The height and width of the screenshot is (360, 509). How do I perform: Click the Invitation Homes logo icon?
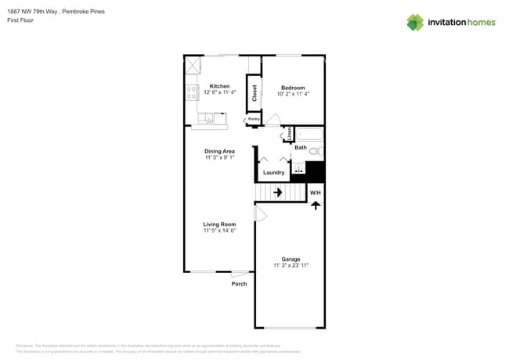(x=415, y=22)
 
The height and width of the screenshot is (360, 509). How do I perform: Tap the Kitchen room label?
(x=219, y=86)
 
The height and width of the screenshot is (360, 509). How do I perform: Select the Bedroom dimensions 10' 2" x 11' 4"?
(x=293, y=94)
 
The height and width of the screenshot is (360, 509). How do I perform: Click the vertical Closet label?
(x=254, y=93)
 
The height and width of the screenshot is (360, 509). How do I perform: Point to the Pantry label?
(x=254, y=120)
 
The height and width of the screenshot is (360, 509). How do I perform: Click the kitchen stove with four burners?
(x=191, y=93)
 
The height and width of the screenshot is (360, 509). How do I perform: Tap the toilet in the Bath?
(x=315, y=150)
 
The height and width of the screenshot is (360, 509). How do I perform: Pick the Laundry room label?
(x=273, y=172)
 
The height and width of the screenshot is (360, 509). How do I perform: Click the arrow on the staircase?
(x=276, y=192)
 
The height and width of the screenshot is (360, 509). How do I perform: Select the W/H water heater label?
(x=315, y=193)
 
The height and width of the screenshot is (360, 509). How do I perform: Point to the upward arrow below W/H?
(x=315, y=205)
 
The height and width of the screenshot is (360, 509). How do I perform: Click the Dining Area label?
(x=219, y=151)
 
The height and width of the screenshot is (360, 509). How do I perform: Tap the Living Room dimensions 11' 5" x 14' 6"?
(x=219, y=231)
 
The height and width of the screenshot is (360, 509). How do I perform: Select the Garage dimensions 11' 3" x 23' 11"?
(x=291, y=265)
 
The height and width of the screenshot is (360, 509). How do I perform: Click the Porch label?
(x=239, y=283)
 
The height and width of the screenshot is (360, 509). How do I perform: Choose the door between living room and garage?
(x=260, y=213)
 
